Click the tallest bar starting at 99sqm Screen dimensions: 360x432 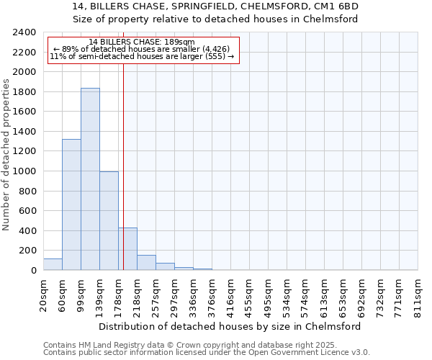(x=90, y=179)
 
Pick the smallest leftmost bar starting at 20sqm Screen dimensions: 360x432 (x=53, y=264)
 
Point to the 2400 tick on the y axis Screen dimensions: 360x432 (x=24, y=32)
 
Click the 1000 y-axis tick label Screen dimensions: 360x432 (x=24, y=171)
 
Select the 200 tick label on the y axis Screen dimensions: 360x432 (x=27, y=251)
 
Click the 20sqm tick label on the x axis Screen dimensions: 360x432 (x=44, y=294)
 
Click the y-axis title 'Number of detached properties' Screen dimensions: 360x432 (x=6, y=156)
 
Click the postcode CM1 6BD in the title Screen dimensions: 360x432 (x=337, y=6)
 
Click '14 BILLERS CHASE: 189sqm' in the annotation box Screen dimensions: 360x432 (x=142, y=42)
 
